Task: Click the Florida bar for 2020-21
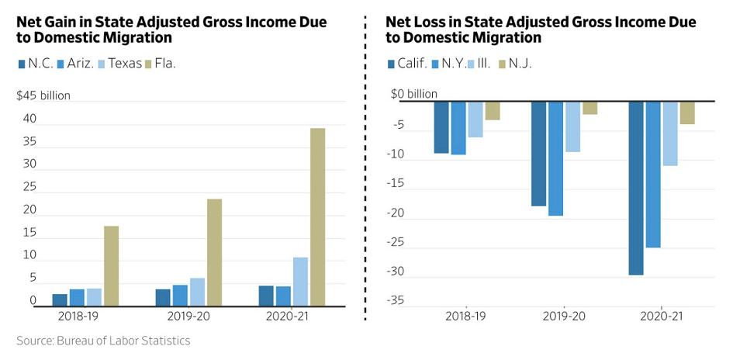[317, 216]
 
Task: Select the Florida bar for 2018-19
[111, 265]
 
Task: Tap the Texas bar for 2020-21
[300, 281]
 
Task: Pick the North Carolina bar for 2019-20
[162, 297]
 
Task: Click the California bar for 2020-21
[636, 188]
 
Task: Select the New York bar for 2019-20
[555, 158]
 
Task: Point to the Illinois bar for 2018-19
[475, 119]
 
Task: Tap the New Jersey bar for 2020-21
[687, 112]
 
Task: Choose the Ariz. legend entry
[74, 64]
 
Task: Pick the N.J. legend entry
[515, 64]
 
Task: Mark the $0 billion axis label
[414, 94]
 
